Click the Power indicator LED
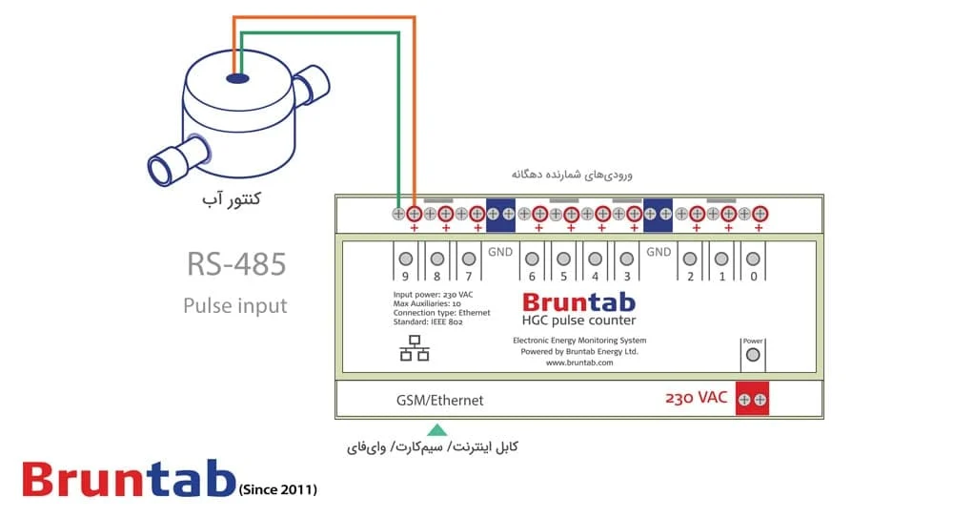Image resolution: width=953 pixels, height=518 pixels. coord(753,355)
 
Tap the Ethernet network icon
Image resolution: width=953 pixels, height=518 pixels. coord(415,348)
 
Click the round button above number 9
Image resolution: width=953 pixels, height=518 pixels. coord(405,259)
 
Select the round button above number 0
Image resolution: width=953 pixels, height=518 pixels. coord(753,259)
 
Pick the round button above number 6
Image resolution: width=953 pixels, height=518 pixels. coord(532,259)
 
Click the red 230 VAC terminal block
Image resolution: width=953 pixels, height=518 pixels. coord(752,399)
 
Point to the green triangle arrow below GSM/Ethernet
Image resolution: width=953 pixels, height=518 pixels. coord(437,430)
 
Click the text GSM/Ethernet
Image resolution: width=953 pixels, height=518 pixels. coord(440,400)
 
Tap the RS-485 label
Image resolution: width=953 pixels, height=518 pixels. coord(236,264)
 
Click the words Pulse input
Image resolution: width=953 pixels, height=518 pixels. coord(235,305)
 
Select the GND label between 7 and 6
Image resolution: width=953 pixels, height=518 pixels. coord(500,252)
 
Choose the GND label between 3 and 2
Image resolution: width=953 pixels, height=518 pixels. coord(659,252)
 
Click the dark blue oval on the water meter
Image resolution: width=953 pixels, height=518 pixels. coord(237,78)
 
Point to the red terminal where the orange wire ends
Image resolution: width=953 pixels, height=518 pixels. coord(414,214)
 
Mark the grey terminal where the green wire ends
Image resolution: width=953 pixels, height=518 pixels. coord(398,214)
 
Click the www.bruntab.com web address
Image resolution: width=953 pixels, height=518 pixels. coord(579,363)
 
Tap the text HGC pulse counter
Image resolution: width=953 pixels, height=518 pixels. coord(578,321)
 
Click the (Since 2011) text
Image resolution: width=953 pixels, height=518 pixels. coord(277,489)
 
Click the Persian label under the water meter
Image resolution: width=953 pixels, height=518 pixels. coord(232,198)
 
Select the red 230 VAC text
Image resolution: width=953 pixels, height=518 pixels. coord(696,398)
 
